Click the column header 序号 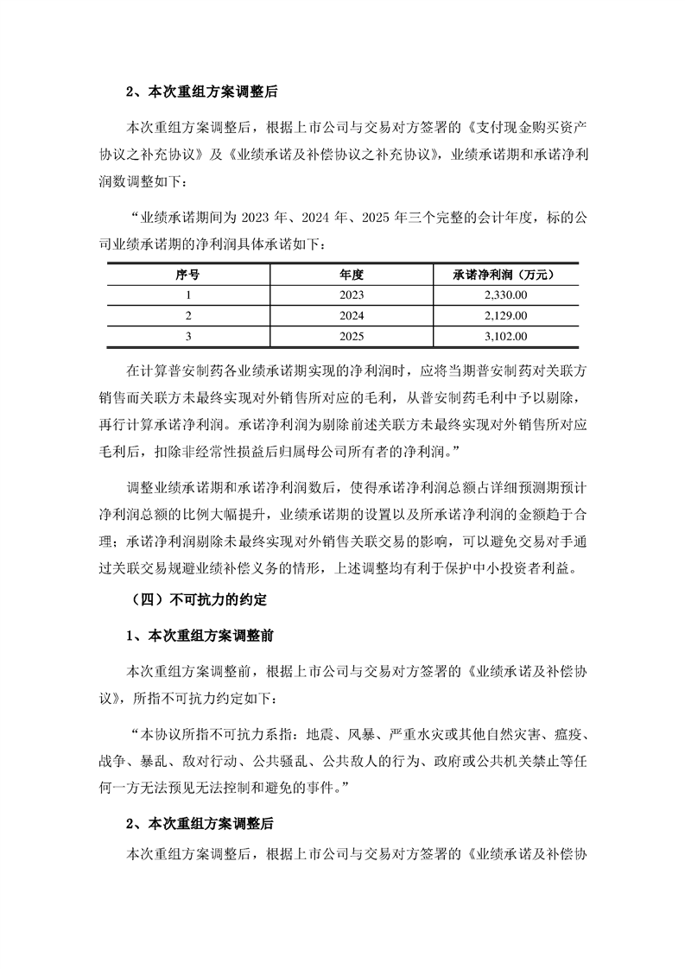point(187,274)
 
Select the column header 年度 point(351,274)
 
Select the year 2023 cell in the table point(351,294)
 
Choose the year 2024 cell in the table point(351,315)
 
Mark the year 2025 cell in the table point(351,336)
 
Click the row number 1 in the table point(187,294)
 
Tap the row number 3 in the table point(187,336)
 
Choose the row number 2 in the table point(187,315)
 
